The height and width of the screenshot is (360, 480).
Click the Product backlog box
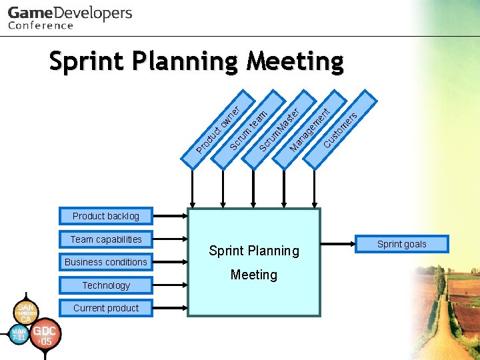[x=106, y=216]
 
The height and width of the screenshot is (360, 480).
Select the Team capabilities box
[x=106, y=239]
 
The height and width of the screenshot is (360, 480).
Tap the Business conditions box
[x=106, y=262]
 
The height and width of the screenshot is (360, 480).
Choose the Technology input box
[x=106, y=285]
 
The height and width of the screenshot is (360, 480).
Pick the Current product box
[x=106, y=308]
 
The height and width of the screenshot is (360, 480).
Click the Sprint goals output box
[x=401, y=244]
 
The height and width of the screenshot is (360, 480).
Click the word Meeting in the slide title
[x=295, y=61]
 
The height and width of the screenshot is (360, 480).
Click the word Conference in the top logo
[x=41, y=25]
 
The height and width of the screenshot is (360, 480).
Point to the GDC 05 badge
[x=46, y=334]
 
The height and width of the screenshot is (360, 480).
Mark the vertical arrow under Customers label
[x=316, y=187]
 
